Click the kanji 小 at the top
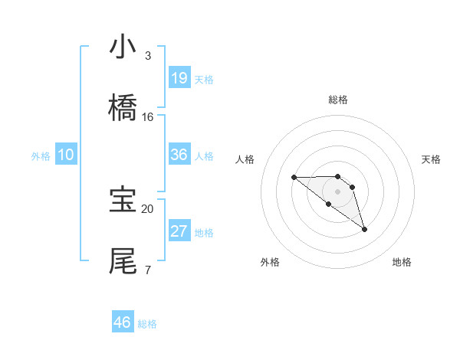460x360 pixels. click(x=123, y=47)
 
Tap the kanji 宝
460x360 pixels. click(x=123, y=200)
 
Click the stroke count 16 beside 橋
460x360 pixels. click(x=148, y=117)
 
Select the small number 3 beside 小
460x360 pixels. click(x=148, y=56)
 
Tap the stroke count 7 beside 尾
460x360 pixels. click(x=148, y=270)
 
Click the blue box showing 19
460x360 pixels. click(x=179, y=78)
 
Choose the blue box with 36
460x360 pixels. click(x=179, y=155)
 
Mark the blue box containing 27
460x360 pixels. click(x=179, y=231)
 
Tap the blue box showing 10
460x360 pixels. click(x=66, y=155)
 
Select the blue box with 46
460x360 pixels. click(x=123, y=322)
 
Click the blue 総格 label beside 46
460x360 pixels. click(x=147, y=324)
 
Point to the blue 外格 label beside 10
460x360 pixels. click(x=41, y=156)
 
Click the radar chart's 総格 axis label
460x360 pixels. click(x=338, y=100)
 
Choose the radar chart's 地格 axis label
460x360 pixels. click(x=402, y=262)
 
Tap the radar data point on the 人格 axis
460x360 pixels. click(x=294, y=177)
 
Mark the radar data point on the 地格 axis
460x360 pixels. click(x=364, y=229)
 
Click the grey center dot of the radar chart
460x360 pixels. click(x=338, y=191)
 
